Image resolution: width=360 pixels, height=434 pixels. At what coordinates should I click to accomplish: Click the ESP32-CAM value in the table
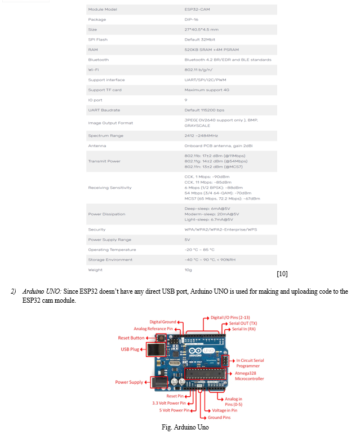pos(197,10)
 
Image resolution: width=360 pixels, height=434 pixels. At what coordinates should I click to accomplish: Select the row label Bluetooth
pos(98,60)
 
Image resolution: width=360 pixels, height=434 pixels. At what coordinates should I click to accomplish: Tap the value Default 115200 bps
pos(204,110)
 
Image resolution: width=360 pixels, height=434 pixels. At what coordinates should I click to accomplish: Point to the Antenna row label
pos(97,146)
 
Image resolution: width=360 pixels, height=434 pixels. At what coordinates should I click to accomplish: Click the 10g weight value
pos(188,270)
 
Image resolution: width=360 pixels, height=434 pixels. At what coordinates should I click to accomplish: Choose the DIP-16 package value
pos(191,20)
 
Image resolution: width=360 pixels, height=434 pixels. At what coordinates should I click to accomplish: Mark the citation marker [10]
pos(282,274)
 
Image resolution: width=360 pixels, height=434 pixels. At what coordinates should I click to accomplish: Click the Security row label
pos(96,230)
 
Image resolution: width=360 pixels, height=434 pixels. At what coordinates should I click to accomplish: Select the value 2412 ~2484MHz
pos(201,136)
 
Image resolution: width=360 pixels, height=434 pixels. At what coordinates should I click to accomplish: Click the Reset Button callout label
pos(131,338)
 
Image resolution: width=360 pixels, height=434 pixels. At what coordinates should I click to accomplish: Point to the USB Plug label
pos(130,349)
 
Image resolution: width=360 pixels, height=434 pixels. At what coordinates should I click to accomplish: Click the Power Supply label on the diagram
pos(129,382)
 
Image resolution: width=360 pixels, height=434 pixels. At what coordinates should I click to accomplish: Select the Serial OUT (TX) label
pos(243,324)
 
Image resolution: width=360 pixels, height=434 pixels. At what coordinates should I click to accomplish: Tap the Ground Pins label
pos(219,418)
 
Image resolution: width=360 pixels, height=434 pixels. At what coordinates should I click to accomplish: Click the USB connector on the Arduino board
pos(156,349)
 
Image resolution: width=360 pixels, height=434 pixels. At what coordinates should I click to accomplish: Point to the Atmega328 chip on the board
pos(205,374)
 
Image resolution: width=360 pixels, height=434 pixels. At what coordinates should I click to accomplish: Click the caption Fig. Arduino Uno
pos(185,427)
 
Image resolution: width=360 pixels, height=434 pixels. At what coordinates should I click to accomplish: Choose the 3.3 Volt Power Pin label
pos(169,403)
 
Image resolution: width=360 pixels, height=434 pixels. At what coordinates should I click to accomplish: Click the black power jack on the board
pos(159,383)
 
